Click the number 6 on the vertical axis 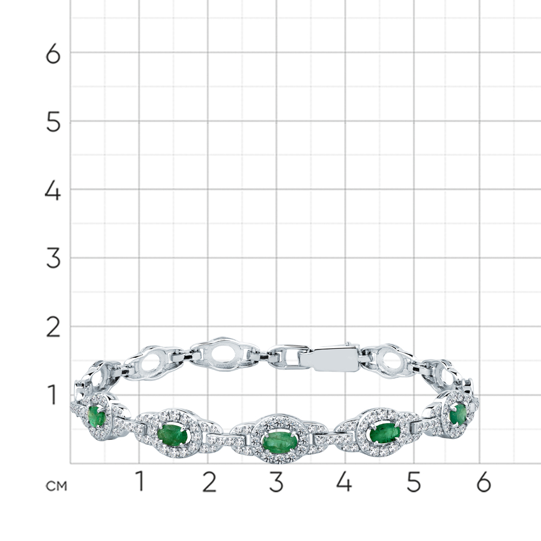pos(53,54)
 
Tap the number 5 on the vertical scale pos(53,123)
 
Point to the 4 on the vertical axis pos(53,191)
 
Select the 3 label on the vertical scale pos(53,260)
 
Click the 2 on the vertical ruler pos(53,328)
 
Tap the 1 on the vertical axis pos(52,395)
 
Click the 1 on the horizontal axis pos(140,481)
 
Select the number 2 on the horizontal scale pos(209,481)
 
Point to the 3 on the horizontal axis pos(276,481)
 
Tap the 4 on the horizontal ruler pos(344,481)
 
